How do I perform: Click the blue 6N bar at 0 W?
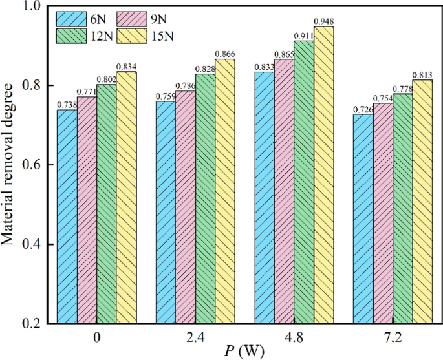67,217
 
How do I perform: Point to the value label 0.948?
324,21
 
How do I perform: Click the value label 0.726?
363,110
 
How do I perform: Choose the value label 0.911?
304,36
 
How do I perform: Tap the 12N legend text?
100,35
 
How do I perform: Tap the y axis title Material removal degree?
9,165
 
